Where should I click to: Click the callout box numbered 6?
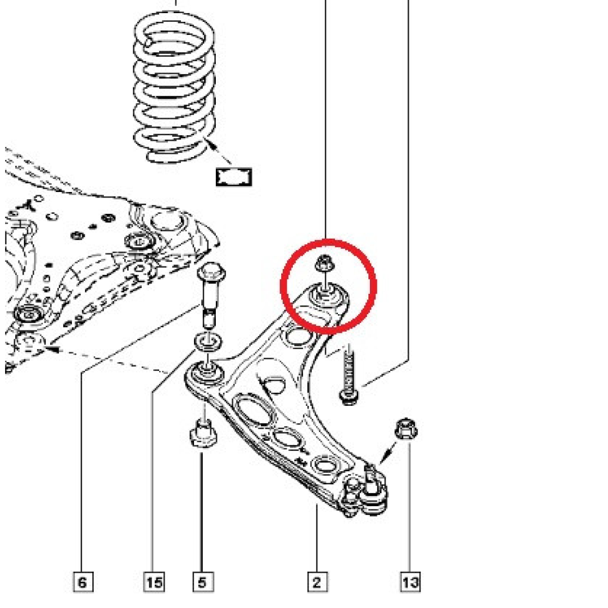(83, 582)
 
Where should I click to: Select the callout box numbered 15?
(155, 582)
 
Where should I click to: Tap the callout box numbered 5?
(203, 582)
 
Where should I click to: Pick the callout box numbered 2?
(317, 582)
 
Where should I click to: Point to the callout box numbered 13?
(411, 582)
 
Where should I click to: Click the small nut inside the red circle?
(325, 263)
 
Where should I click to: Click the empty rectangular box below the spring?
(234, 177)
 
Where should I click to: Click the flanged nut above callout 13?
(406, 429)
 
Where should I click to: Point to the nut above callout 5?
(204, 434)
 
